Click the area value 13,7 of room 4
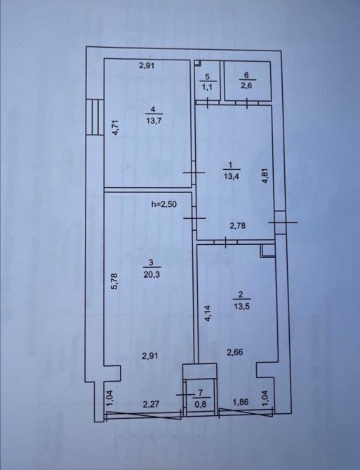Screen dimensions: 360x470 tap(154, 121)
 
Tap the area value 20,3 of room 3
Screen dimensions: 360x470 tap(152, 274)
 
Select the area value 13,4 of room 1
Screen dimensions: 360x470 tap(230, 176)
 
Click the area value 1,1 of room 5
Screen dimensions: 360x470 tap(208, 87)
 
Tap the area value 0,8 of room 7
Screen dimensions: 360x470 tap(201, 405)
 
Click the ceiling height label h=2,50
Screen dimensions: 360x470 tap(164, 204)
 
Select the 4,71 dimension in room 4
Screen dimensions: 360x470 tap(116, 128)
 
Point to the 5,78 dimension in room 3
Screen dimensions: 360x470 tap(115, 281)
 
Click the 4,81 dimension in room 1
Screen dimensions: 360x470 tap(265, 177)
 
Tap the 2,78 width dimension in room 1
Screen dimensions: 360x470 tap(238, 225)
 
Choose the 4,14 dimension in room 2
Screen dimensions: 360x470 tap(208, 314)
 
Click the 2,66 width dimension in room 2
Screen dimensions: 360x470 tap(235, 352)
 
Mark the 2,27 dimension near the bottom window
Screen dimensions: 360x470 tap(151, 405)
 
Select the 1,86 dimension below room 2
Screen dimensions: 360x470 tap(241, 402)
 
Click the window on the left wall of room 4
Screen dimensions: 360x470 tap(95, 117)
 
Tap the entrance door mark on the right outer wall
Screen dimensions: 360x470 tap(282, 222)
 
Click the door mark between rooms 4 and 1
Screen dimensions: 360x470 tap(194, 173)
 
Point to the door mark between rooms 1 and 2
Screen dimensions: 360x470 tap(226, 242)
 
